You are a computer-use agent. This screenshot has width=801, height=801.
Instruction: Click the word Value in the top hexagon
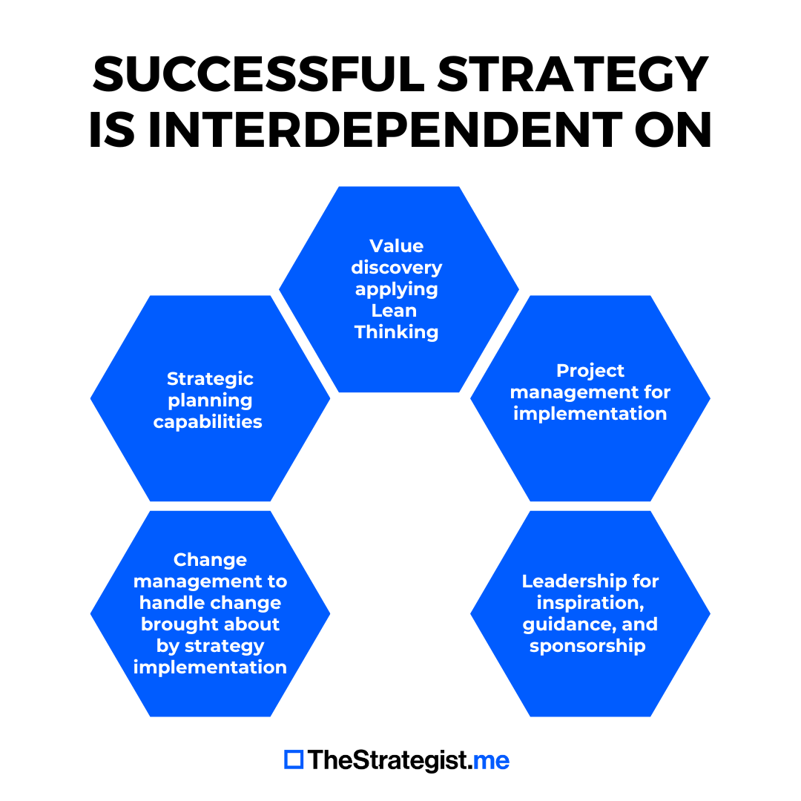point(396,245)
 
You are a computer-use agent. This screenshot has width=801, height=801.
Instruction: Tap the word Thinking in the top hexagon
point(396,332)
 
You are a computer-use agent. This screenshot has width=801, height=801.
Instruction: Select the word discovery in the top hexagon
point(396,267)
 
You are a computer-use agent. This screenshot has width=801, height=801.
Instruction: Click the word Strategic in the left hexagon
point(210,379)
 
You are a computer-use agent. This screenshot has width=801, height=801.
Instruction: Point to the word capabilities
point(208,422)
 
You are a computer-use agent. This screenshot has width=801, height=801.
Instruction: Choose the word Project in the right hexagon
point(590,371)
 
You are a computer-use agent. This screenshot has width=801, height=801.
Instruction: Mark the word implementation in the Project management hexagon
point(590,414)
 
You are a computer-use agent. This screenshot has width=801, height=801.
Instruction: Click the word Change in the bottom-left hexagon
point(210,559)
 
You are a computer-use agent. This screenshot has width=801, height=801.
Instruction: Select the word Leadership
point(570,581)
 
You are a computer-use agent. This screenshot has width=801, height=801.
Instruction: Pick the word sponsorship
point(587,645)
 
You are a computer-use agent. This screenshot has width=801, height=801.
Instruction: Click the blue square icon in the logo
point(294,759)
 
